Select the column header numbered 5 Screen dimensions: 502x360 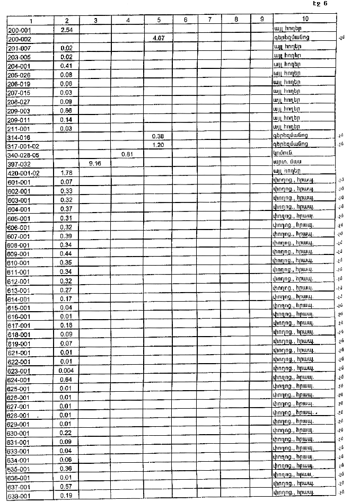[159, 20]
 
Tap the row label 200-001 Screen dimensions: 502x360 [19, 30]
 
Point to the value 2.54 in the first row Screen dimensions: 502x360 [67, 30]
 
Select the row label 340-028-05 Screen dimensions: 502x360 [24, 154]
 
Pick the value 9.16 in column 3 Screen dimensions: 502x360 [95, 164]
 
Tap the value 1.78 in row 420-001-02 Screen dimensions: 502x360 [67, 173]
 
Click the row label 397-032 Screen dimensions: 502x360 [19, 164]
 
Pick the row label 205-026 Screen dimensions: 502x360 [19, 75]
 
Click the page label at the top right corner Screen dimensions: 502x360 [320, 4]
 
